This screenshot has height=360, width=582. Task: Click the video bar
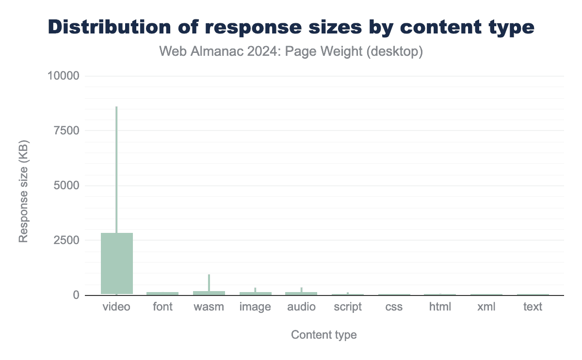117,263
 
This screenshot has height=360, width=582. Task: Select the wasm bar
209,293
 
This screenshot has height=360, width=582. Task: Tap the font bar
162,293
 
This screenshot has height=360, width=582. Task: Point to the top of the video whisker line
116,107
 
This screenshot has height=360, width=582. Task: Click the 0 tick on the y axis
75,295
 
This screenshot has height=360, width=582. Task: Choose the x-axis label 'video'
116,307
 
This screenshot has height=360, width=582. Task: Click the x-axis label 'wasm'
209,307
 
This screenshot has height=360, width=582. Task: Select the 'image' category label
255,307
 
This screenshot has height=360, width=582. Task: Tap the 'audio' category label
301,307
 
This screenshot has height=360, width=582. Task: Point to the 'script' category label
348,307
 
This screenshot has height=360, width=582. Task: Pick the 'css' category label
394,307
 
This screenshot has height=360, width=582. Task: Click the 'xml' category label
486,307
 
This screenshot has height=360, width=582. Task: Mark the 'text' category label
533,307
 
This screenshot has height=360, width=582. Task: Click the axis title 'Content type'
323,335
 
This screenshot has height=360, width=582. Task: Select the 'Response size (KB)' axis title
23,191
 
